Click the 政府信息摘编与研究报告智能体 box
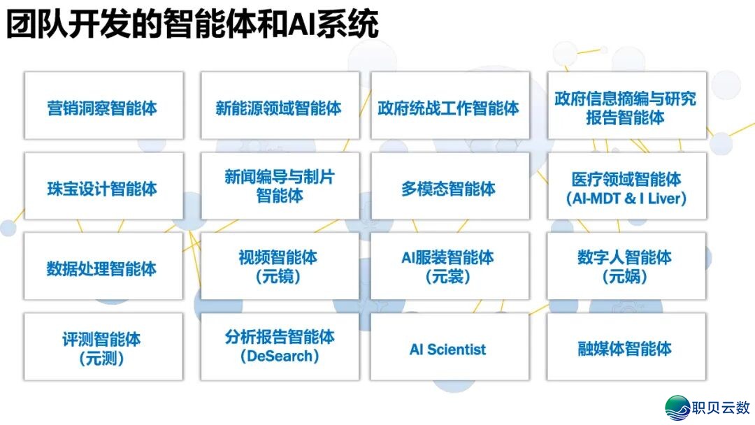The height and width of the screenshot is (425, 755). [626, 107]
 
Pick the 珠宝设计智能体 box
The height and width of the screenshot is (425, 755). [103, 189]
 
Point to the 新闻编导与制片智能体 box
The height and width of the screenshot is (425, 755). [280, 186]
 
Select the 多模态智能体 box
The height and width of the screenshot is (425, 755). [450, 189]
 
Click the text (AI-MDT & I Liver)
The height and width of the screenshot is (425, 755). [626, 199]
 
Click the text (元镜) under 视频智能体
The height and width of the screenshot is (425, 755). [279, 278]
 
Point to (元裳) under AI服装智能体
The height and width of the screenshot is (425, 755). [448, 278]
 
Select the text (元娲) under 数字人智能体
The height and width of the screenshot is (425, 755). [625, 278]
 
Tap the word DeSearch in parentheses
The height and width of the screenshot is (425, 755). [280, 356]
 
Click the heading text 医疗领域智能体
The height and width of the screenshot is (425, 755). [626, 180]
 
